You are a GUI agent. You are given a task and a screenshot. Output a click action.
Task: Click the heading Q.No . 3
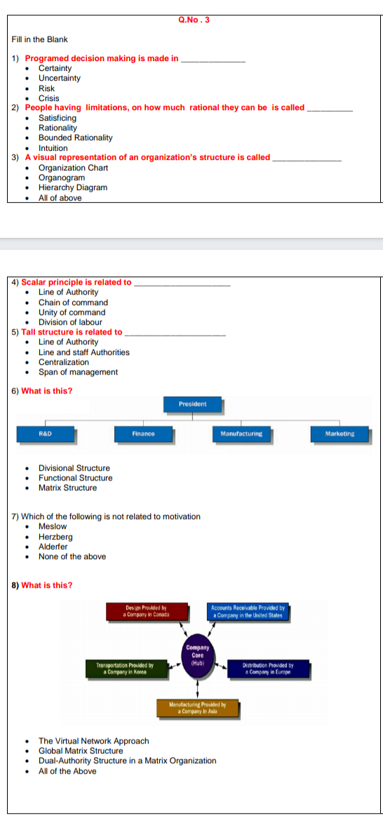tap(194, 20)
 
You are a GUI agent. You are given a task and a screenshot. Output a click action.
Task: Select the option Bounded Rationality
tap(75, 138)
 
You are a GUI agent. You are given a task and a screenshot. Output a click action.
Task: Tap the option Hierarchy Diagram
tap(73, 188)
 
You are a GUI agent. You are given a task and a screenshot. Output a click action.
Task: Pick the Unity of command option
tap(72, 313)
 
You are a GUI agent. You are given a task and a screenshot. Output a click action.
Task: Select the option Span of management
tap(78, 373)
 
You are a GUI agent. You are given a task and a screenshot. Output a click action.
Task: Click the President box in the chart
tap(192, 405)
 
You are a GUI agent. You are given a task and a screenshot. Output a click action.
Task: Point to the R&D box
tap(45, 434)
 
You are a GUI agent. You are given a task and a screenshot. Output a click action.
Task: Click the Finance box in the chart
tap(143, 434)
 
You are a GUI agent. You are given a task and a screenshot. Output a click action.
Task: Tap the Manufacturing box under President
tap(241, 434)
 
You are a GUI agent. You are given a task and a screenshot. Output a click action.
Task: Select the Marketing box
tap(340, 434)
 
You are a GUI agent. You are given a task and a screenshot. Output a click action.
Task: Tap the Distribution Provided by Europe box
tap(267, 667)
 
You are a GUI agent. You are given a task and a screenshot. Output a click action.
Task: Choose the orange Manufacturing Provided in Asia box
tap(197, 707)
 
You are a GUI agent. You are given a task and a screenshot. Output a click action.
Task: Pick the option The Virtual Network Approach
tap(93, 741)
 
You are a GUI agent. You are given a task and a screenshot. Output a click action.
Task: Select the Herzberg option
tap(55, 537)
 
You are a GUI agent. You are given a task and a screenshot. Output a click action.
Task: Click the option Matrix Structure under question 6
tap(67, 488)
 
